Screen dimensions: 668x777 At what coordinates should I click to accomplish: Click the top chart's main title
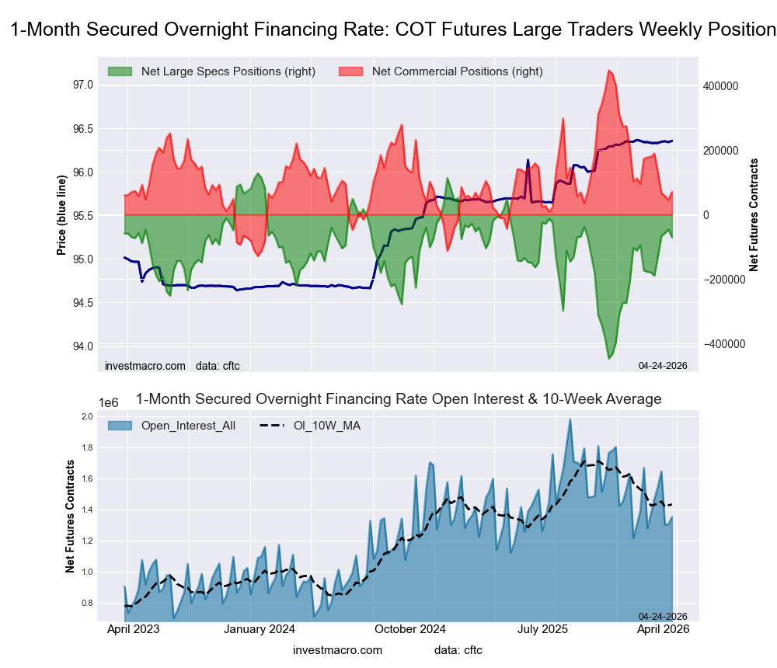[392, 30]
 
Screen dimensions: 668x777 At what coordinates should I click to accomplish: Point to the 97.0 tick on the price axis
[82, 85]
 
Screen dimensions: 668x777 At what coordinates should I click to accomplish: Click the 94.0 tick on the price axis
[82, 346]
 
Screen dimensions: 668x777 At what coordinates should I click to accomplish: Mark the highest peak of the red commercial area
[609, 70]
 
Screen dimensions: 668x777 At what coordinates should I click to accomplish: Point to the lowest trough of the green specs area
[609, 358]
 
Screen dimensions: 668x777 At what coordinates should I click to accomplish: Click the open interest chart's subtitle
[398, 399]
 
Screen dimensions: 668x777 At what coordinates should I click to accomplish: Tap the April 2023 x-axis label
[129, 631]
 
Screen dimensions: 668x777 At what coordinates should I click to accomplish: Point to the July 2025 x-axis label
[556, 631]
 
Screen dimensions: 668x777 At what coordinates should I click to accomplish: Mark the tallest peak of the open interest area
[570, 419]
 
